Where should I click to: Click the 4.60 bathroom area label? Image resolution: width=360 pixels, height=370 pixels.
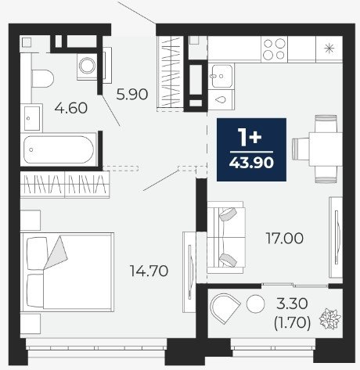click(x=71, y=108)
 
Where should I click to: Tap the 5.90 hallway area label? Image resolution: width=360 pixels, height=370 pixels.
click(x=132, y=94)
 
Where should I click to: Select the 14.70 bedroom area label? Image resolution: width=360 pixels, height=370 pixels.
click(x=149, y=271)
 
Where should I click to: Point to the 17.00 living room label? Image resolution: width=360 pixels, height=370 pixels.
click(x=284, y=239)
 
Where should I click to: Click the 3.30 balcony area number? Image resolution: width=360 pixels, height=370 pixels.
click(x=292, y=304)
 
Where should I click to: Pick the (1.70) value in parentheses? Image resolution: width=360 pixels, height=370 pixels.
click(x=292, y=323)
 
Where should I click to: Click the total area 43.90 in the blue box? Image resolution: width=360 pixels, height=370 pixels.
click(x=251, y=163)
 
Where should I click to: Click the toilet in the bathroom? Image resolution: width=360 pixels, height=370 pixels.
click(x=42, y=78)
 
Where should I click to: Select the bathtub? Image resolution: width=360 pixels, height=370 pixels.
click(x=59, y=149)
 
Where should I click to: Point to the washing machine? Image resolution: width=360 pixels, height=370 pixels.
click(x=88, y=66)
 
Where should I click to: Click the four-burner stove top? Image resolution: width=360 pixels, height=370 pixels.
click(x=274, y=49)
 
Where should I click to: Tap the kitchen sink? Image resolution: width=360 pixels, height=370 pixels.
click(x=221, y=76)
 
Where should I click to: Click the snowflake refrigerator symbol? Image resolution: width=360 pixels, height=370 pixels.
click(x=329, y=49)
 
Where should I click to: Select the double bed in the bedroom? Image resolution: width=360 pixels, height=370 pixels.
click(x=67, y=272)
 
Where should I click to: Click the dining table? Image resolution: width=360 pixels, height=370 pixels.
click(x=326, y=149)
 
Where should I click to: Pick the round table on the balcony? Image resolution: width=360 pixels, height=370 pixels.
click(x=256, y=304)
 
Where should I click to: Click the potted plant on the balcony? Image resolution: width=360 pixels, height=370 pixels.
click(x=330, y=318)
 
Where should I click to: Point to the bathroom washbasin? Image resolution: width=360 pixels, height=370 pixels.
click(x=32, y=119)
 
